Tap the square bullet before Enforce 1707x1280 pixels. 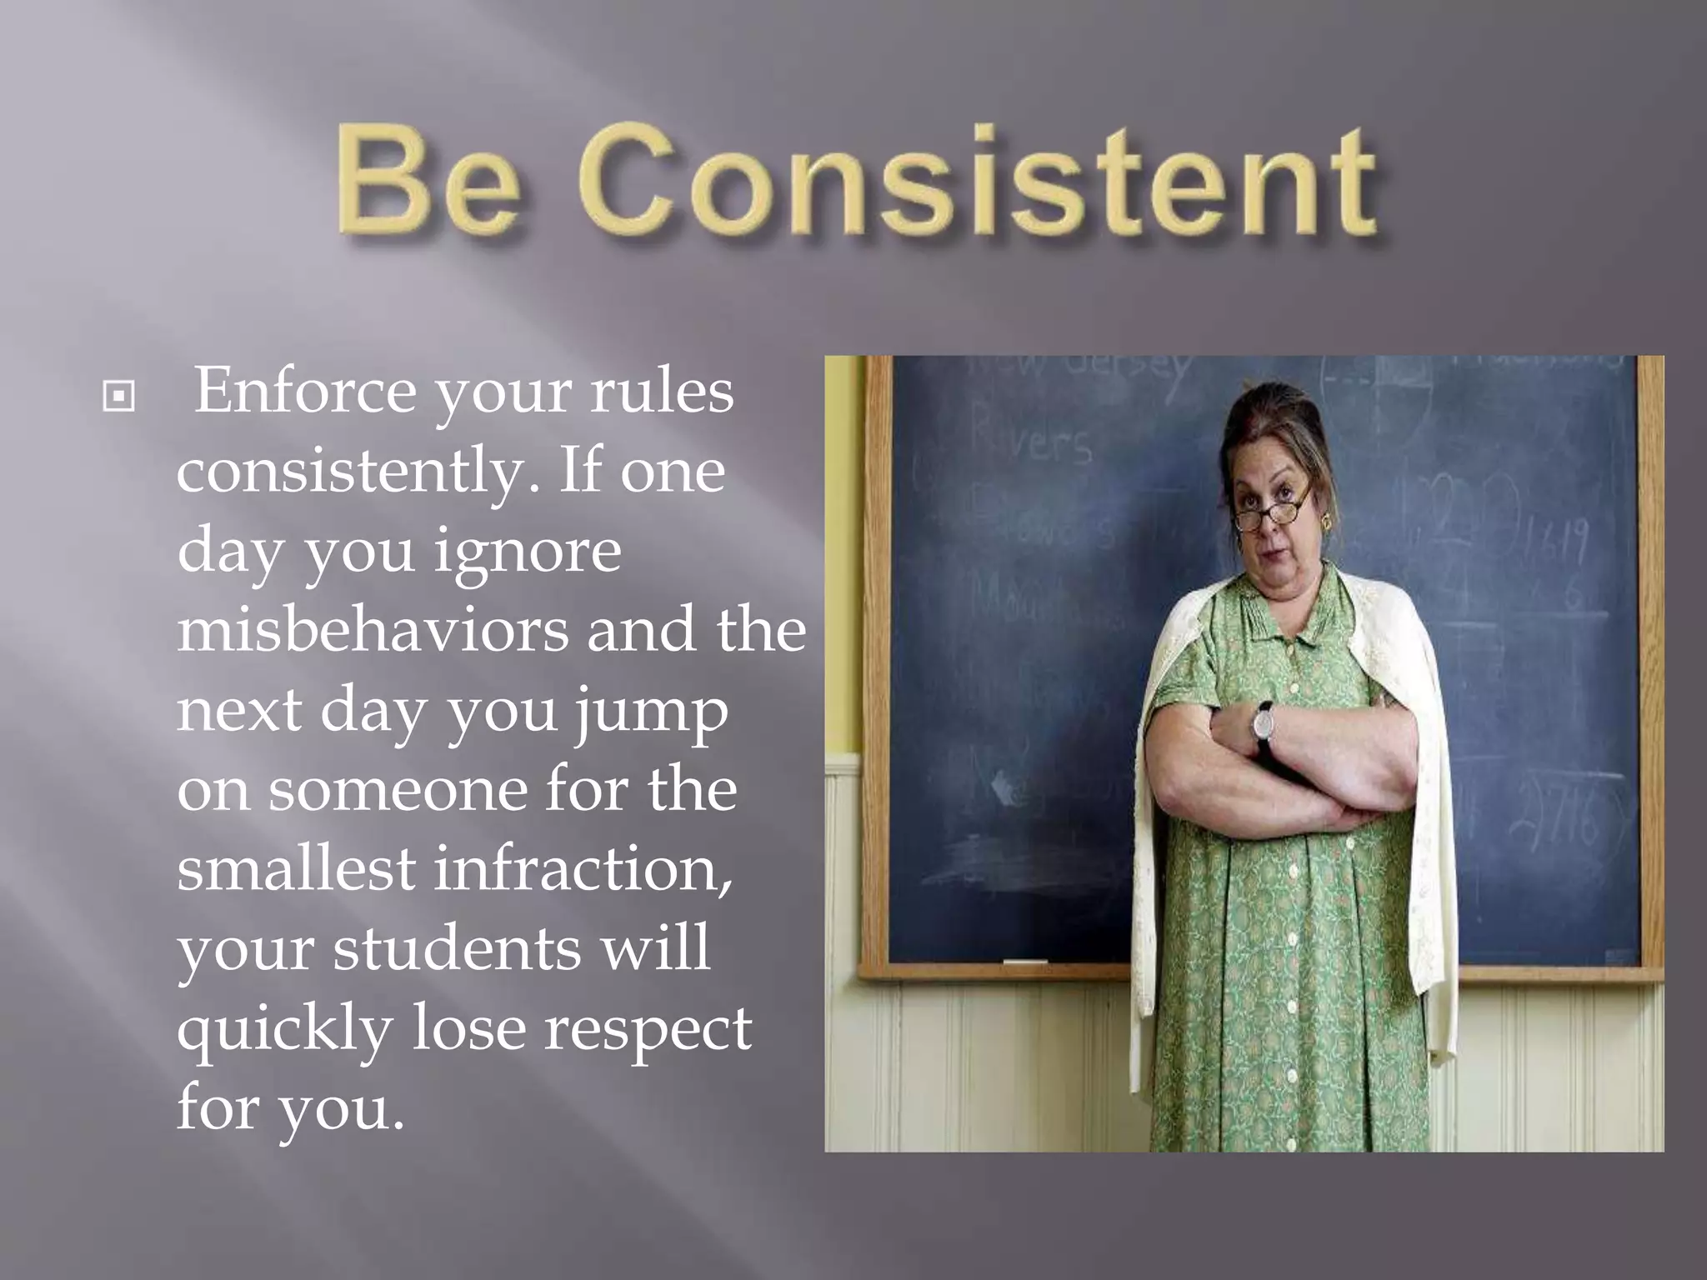pyautogui.click(x=118, y=397)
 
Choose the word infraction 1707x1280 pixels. pyautogui.click(x=583, y=868)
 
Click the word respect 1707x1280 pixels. pyautogui.click(x=648, y=1028)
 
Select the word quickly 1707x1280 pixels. pyautogui.click(x=285, y=1028)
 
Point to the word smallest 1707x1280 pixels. pyautogui.click(x=296, y=868)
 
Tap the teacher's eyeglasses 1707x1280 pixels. pyautogui.click(x=1272, y=515)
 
